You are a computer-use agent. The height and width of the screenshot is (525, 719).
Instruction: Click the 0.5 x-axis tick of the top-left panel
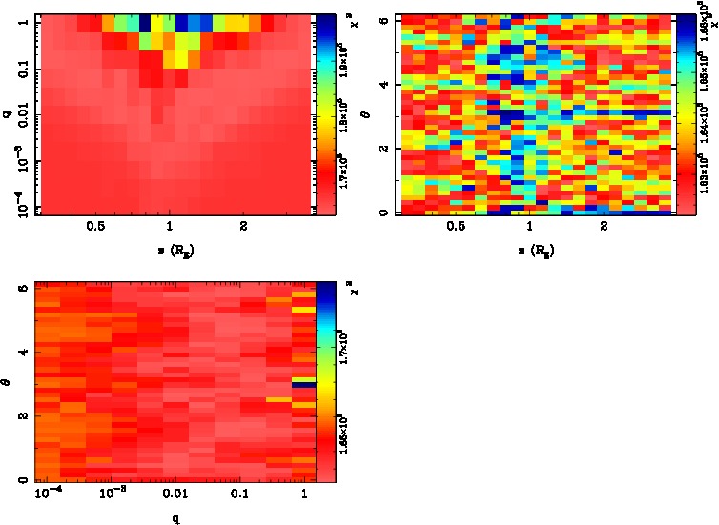coord(95,227)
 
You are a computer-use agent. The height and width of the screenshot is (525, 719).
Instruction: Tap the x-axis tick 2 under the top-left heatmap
coord(244,227)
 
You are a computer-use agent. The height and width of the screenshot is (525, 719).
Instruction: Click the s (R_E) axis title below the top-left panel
coord(170,249)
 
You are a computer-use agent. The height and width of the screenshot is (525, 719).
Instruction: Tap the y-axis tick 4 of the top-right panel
coord(381,85)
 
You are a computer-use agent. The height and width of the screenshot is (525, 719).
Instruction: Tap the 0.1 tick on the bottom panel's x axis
coord(238,495)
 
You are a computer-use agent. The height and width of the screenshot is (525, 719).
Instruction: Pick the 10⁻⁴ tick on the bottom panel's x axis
coord(47,493)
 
